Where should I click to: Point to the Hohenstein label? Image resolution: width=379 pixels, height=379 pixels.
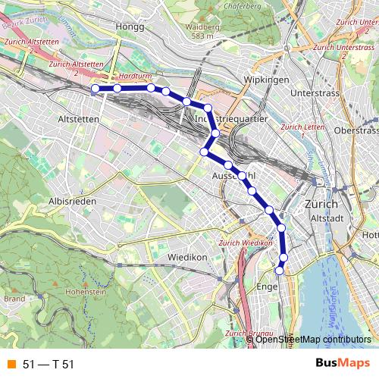[85, 291]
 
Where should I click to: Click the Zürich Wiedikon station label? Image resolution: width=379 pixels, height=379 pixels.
[244, 243]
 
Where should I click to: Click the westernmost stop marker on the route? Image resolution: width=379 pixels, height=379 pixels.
[96, 89]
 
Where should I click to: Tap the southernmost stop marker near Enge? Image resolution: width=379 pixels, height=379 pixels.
[279, 270]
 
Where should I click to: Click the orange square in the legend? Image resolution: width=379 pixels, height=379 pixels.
[11, 364]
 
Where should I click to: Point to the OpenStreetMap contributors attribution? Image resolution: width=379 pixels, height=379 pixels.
[312, 339]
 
